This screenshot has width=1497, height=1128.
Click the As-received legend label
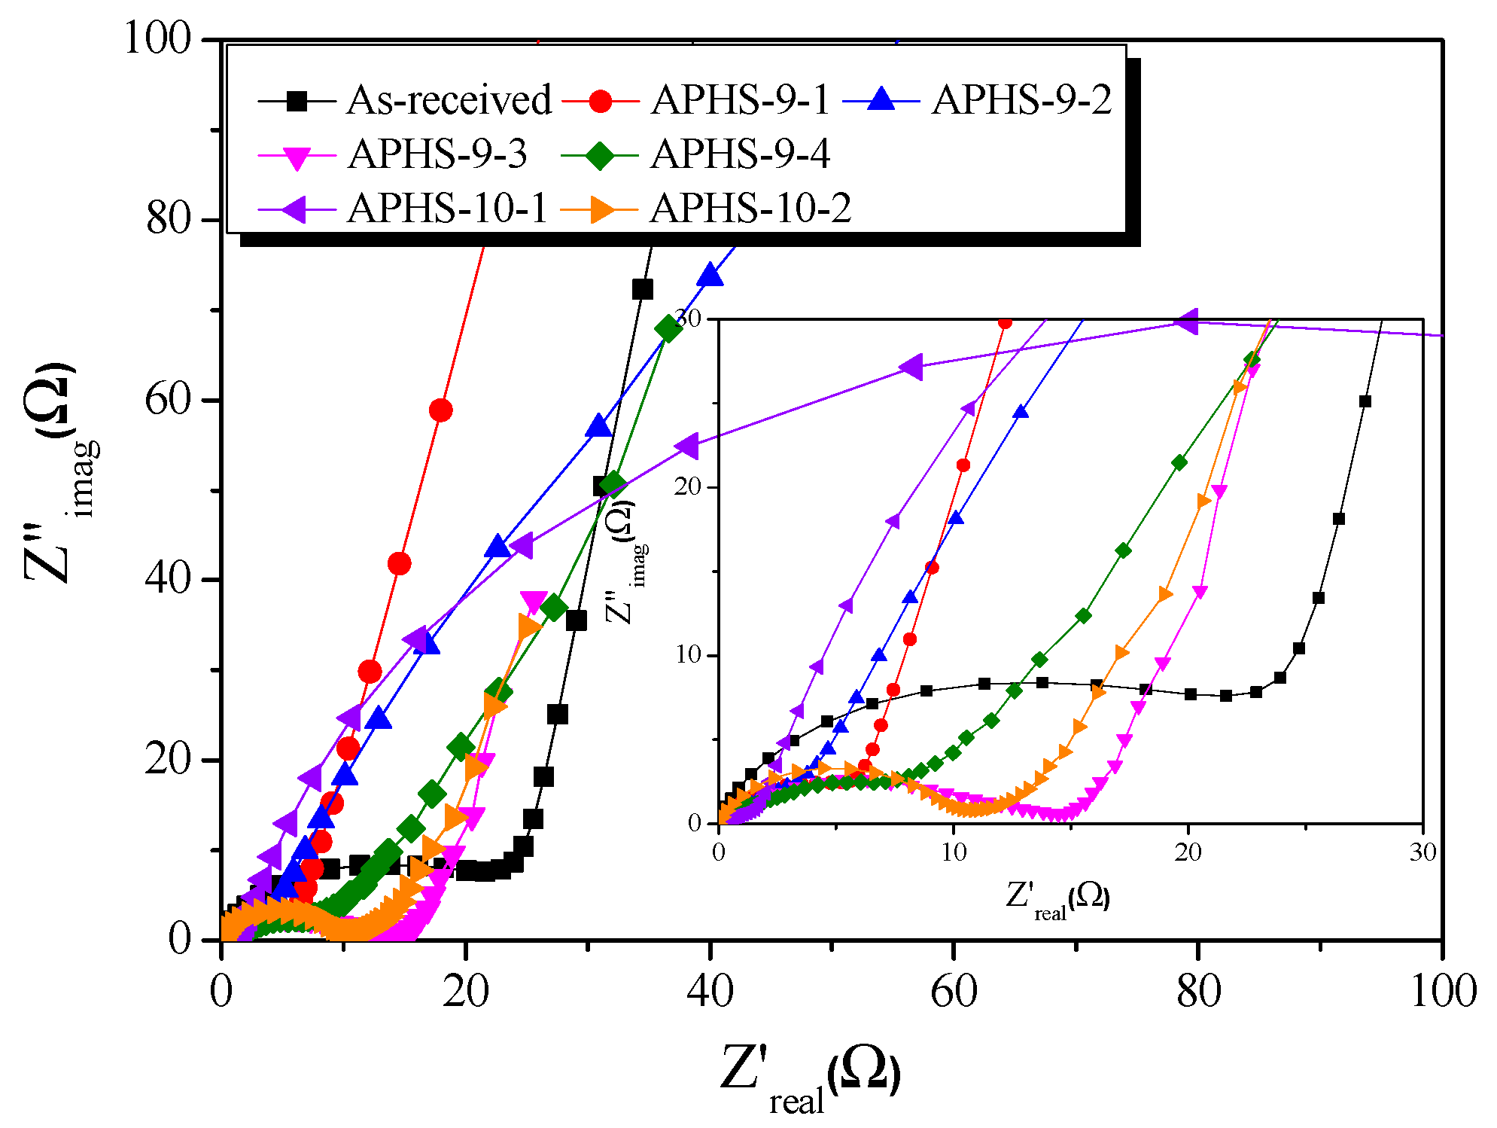pos(449,100)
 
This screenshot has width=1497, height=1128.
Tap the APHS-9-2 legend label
pos(1021,100)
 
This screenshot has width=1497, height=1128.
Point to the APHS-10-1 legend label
pos(447,209)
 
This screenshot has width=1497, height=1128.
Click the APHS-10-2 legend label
pos(750,209)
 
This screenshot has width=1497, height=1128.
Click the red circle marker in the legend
pos(600,100)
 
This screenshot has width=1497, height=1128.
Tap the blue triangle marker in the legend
pos(881,100)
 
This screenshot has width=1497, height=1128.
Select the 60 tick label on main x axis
pos(953,992)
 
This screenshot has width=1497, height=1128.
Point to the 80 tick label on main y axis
pos(169,219)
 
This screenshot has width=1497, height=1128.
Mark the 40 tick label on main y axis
pos(169,580)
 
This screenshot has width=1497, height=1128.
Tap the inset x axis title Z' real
pos(1057,900)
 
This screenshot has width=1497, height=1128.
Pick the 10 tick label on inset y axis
pos(688,654)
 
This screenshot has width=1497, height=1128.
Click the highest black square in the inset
pos(1365,401)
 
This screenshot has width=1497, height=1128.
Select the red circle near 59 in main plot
pos(440,410)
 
